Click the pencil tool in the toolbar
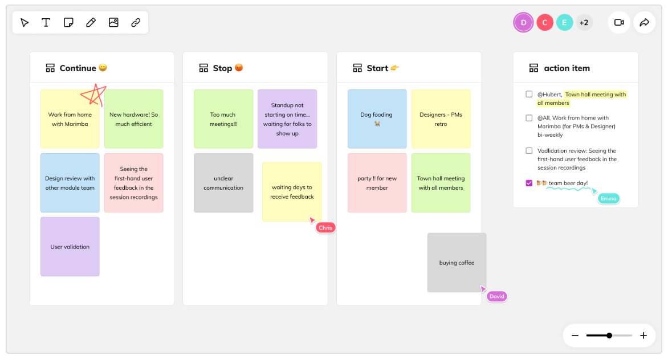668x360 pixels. point(91,23)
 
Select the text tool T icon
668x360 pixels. point(46,23)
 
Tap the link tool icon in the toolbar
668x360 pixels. point(136,23)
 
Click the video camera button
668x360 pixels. point(619,23)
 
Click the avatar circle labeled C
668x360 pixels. point(544,23)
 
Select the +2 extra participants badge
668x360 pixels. point(584,23)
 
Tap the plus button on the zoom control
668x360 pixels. point(643,336)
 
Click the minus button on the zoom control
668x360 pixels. point(575,336)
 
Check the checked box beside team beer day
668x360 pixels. point(529,183)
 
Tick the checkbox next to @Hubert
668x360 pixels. point(529,94)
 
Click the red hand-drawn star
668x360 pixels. point(93,95)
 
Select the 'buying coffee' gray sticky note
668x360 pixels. point(457,263)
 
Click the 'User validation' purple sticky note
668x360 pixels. point(70,247)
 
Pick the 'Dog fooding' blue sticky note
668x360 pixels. point(377,118)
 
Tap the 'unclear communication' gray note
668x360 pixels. point(223,183)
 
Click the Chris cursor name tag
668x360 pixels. point(325,228)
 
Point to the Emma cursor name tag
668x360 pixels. point(608,198)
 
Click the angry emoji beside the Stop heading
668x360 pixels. point(239,68)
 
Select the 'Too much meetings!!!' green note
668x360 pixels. point(223,118)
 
